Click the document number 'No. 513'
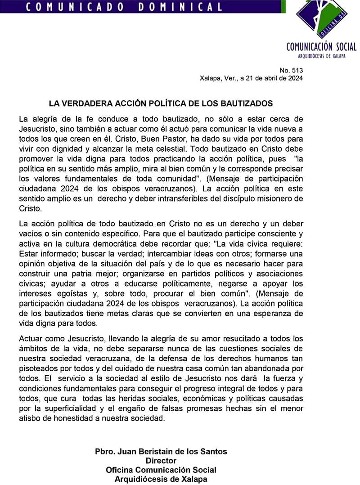tap(291, 70)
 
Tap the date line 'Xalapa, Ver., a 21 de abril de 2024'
tap(251, 78)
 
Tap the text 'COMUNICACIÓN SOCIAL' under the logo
tap(321, 47)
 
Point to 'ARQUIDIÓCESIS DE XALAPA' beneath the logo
tap(321, 56)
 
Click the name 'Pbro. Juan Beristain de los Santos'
tap(161, 451)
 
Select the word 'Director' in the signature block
tap(161, 461)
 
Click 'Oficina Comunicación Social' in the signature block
tap(161, 470)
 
